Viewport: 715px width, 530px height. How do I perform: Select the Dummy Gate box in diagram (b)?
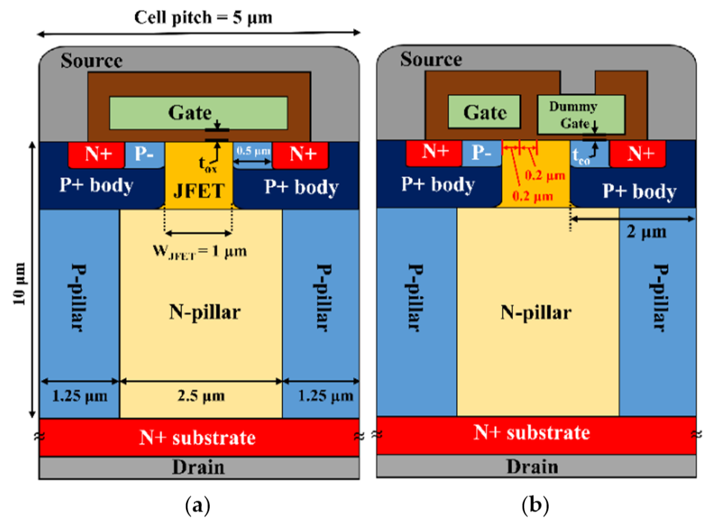581,114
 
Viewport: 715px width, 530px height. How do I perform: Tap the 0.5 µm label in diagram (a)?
253,151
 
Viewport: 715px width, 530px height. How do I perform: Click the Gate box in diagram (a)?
198,113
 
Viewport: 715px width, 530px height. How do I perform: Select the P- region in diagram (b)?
481,152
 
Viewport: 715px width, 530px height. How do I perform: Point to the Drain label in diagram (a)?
198,467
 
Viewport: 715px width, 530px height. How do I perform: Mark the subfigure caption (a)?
198,505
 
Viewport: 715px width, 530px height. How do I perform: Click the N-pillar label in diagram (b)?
536,312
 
